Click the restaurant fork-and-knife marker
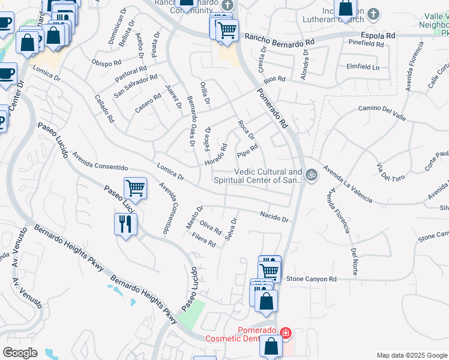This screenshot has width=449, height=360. tap(125, 225)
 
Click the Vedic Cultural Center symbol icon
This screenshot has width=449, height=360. tap(311, 175)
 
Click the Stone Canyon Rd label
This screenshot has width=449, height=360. tap(312, 279)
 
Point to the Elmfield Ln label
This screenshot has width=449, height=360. tap(363, 67)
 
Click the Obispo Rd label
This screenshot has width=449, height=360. tap(107, 62)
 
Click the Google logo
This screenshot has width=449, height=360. tap(20, 352)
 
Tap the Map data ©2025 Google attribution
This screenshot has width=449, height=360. tap(411, 355)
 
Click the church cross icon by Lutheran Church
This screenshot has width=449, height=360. tap(373, 14)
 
